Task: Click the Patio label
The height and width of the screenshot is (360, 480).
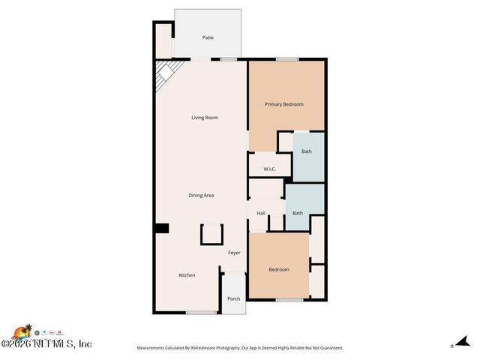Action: [208, 37]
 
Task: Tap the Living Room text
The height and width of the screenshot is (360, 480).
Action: [204, 118]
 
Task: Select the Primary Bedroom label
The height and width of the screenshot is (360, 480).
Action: [283, 104]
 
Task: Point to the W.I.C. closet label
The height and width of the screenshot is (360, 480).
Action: [270, 169]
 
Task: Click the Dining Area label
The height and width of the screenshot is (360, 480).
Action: [201, 195]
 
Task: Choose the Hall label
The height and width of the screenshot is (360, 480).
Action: [261, 213]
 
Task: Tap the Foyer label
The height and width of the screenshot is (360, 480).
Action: [235, 253]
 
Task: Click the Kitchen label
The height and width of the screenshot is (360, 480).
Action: [187, 275]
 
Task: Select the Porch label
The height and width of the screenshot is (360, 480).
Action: [233, 298]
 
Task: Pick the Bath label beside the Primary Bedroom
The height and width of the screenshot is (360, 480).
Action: [307, 151]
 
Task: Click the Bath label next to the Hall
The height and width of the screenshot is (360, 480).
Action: [298, 213]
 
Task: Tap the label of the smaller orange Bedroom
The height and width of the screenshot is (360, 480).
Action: [278, 269]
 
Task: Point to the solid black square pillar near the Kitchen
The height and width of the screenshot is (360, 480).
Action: [161, 229]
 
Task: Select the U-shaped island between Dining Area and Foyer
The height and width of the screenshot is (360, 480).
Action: [211, 235]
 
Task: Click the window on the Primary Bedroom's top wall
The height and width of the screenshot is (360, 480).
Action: [286, 59]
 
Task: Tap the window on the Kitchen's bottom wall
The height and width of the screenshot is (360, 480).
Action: [201, 312]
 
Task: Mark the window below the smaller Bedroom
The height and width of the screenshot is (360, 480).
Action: [289, 300]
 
